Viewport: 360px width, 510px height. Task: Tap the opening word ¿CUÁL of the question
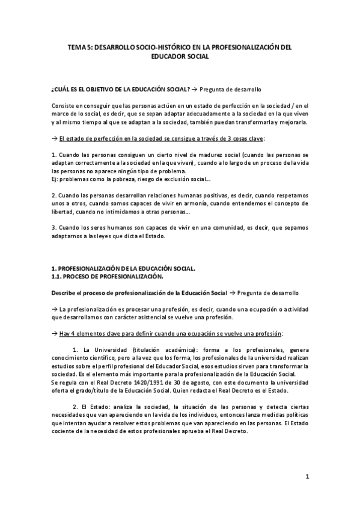point(61,90)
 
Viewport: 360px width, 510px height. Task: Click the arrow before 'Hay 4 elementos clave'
point(55,333)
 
